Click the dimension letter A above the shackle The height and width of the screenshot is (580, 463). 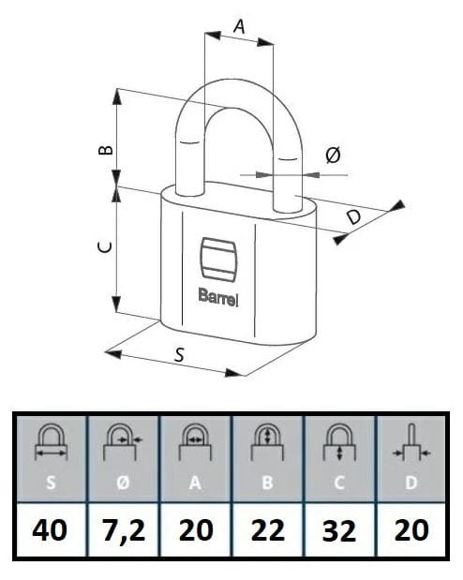click(x=240, y=26)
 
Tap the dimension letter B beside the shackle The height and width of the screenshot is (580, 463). click(x=106, y=150)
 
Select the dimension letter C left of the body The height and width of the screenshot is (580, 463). click(x=105, y=247)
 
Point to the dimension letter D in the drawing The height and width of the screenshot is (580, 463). click(x=354, y=217)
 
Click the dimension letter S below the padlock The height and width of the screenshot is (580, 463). click(x=179, y=355)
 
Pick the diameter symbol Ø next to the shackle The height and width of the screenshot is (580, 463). click(x=333, y=155)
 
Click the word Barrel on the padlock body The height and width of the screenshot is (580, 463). click(x=218, y=297)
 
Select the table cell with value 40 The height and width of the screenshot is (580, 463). click(x=50, y=529)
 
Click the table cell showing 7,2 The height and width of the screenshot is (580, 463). click(x=124, y=529)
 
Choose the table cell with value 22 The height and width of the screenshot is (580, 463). click(x=268, y=529)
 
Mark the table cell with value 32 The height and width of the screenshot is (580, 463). click(x=340, y=529)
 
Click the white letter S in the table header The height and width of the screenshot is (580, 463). click(x=51, y=483)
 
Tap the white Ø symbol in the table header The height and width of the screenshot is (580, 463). click(x=123, y=483)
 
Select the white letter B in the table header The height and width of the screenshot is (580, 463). click(x=267, y=483)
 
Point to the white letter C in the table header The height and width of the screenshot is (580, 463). click(x=339, y=483)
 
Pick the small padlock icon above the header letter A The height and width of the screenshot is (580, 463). click(x=195, y=443)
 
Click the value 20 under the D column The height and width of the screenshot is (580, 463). click(x=411, y=530)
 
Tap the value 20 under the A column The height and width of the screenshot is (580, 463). click(x=196, y=530)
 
